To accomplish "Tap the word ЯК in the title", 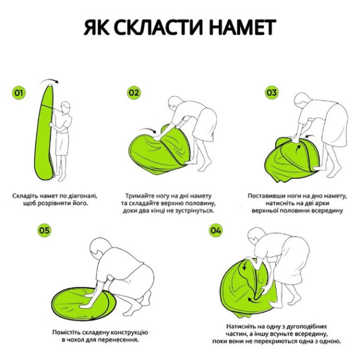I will click(97, 28).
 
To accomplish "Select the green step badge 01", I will click(19, 93).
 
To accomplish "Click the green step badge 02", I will click(133, 93).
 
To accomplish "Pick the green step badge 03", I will click(272, 93).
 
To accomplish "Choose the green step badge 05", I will click(44, 230).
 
